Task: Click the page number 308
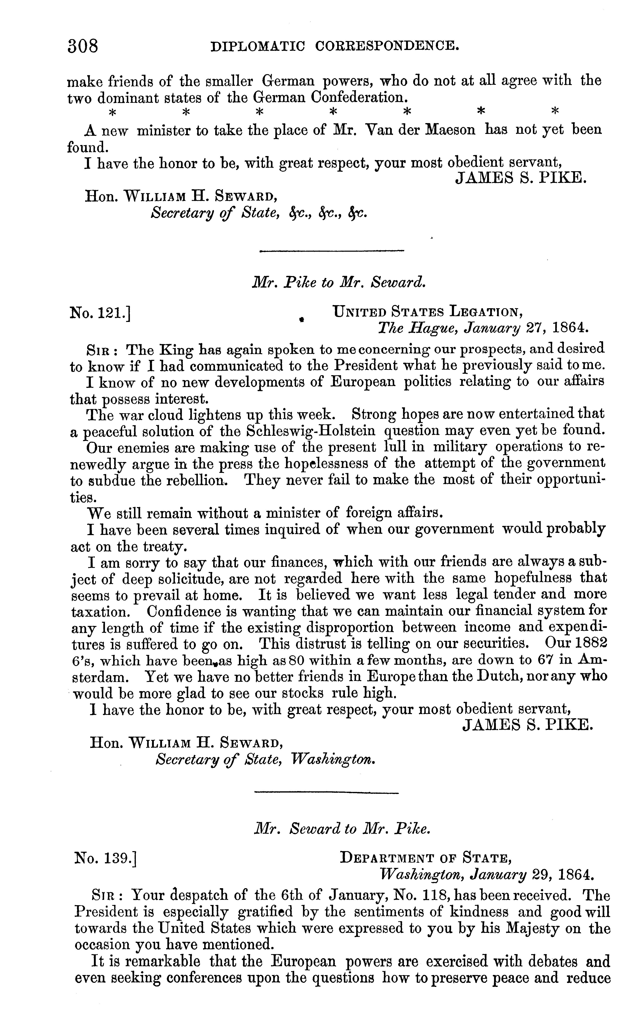(x=83, y=46)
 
